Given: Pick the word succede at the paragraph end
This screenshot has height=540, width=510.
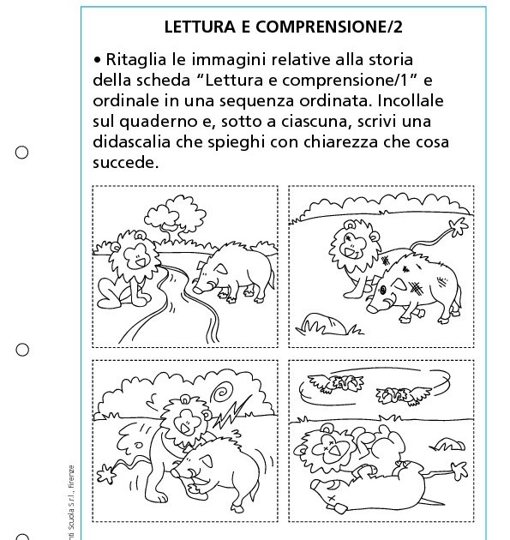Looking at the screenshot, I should point(125,161).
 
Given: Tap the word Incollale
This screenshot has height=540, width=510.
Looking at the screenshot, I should point(432,101).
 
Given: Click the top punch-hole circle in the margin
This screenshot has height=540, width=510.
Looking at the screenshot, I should point(22,153).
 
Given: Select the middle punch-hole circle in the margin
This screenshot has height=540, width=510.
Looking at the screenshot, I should point(22,349).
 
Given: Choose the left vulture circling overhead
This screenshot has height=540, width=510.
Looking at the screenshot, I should point(346,384).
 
